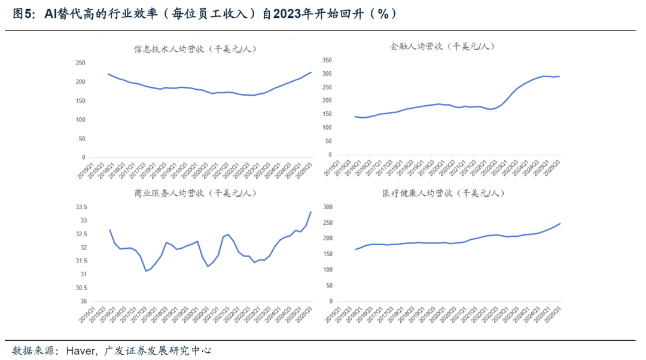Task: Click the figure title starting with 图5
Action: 203,13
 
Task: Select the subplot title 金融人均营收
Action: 442,46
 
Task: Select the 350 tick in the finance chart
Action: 327,60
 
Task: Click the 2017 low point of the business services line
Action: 145,271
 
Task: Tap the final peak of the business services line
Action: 311,212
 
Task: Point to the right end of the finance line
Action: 559,76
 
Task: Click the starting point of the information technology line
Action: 108,74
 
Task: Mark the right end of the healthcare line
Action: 560,224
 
